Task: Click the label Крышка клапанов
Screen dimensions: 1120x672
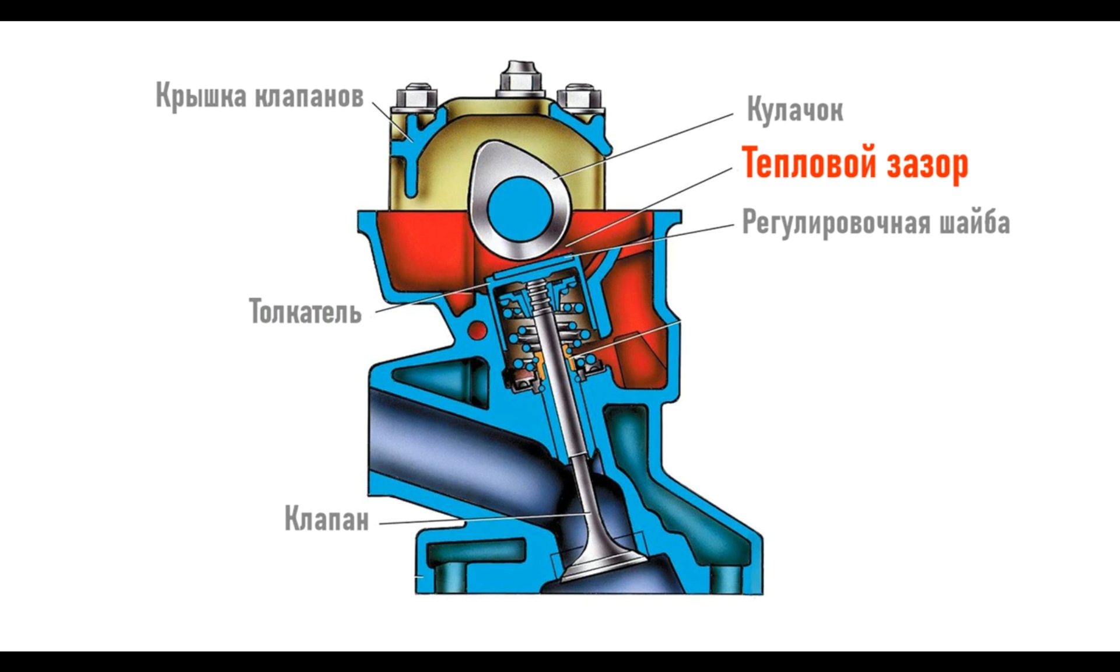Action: pyautogui.click(x=259, y=96)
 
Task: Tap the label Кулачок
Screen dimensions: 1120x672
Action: pyautogui.click(x=794, y=110)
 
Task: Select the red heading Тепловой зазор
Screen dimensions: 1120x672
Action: pyautogui.click(x=855, y=164)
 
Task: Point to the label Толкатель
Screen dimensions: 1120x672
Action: pyautogui.click(x=305, y=311)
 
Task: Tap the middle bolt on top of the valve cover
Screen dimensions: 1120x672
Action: pyautogui.click(x=521, y=79)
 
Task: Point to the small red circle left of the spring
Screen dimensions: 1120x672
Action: pyautogui.click(x=478, y=331)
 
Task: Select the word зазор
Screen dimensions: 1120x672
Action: pyautogui.click(x=928, y=164)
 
